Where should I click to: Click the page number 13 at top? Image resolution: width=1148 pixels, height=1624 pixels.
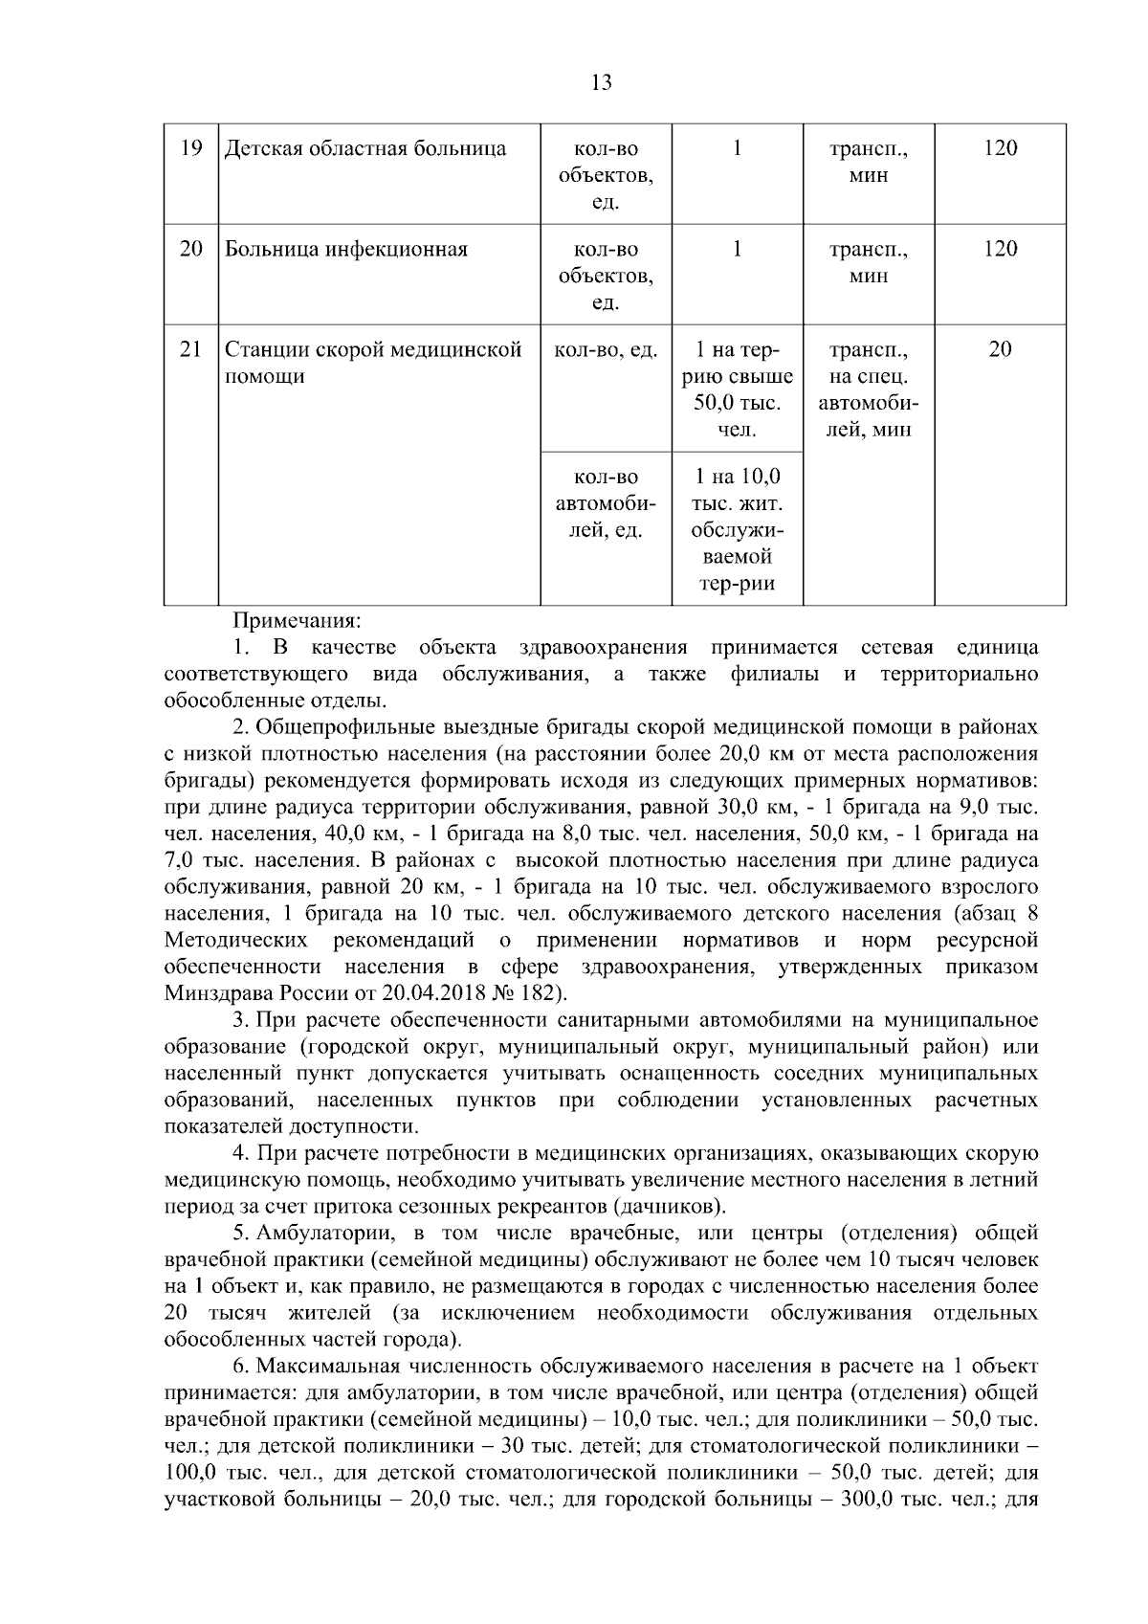coord(602,83)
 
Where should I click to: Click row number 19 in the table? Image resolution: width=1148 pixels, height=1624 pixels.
coord(191,148)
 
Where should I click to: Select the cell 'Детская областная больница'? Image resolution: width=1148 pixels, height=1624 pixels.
coord(365,149)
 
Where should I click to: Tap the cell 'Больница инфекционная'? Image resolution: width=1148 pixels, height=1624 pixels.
coord(346,250)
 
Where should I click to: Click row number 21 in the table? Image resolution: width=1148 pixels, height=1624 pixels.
coord(191,350)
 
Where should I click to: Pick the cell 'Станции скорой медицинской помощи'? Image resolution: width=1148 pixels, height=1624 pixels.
coord(373,363)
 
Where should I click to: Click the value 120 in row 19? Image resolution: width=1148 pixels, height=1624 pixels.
coord(1000,148)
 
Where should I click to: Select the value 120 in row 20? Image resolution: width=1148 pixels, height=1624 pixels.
coord(1000,249)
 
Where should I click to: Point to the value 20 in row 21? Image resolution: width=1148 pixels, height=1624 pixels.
coord(1000,350)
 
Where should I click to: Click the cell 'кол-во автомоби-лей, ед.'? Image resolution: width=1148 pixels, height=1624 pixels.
coord(606,503)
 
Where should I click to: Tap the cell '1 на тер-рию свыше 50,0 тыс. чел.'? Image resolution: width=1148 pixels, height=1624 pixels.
coord(738,389)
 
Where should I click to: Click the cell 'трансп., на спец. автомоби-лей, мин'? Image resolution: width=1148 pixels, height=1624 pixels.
coord(869,389)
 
